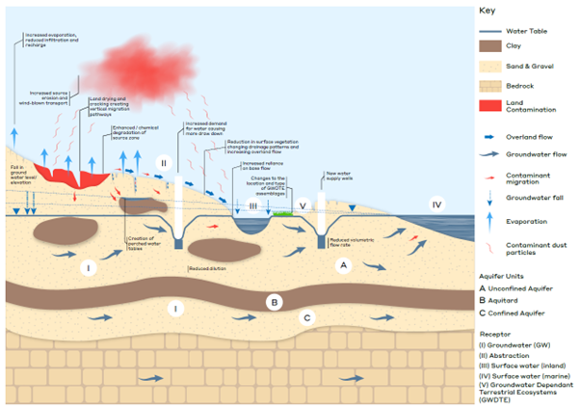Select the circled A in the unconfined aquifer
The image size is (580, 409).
point(340,272)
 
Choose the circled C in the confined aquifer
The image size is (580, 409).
point(307,315)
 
